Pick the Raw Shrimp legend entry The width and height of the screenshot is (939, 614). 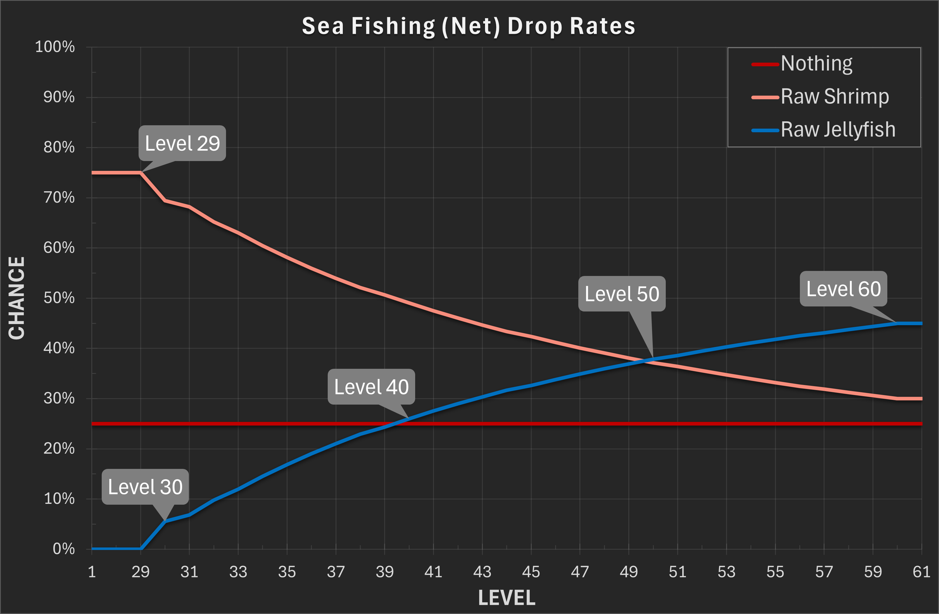(835, 97)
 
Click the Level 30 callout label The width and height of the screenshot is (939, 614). (145, 487)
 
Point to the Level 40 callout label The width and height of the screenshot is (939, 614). (371, 387)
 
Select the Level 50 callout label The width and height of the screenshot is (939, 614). (622, 294)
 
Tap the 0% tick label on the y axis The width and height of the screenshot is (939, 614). (63, 549)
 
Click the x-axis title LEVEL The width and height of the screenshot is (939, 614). (507, 598)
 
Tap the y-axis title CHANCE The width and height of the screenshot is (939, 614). (16, 298)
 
